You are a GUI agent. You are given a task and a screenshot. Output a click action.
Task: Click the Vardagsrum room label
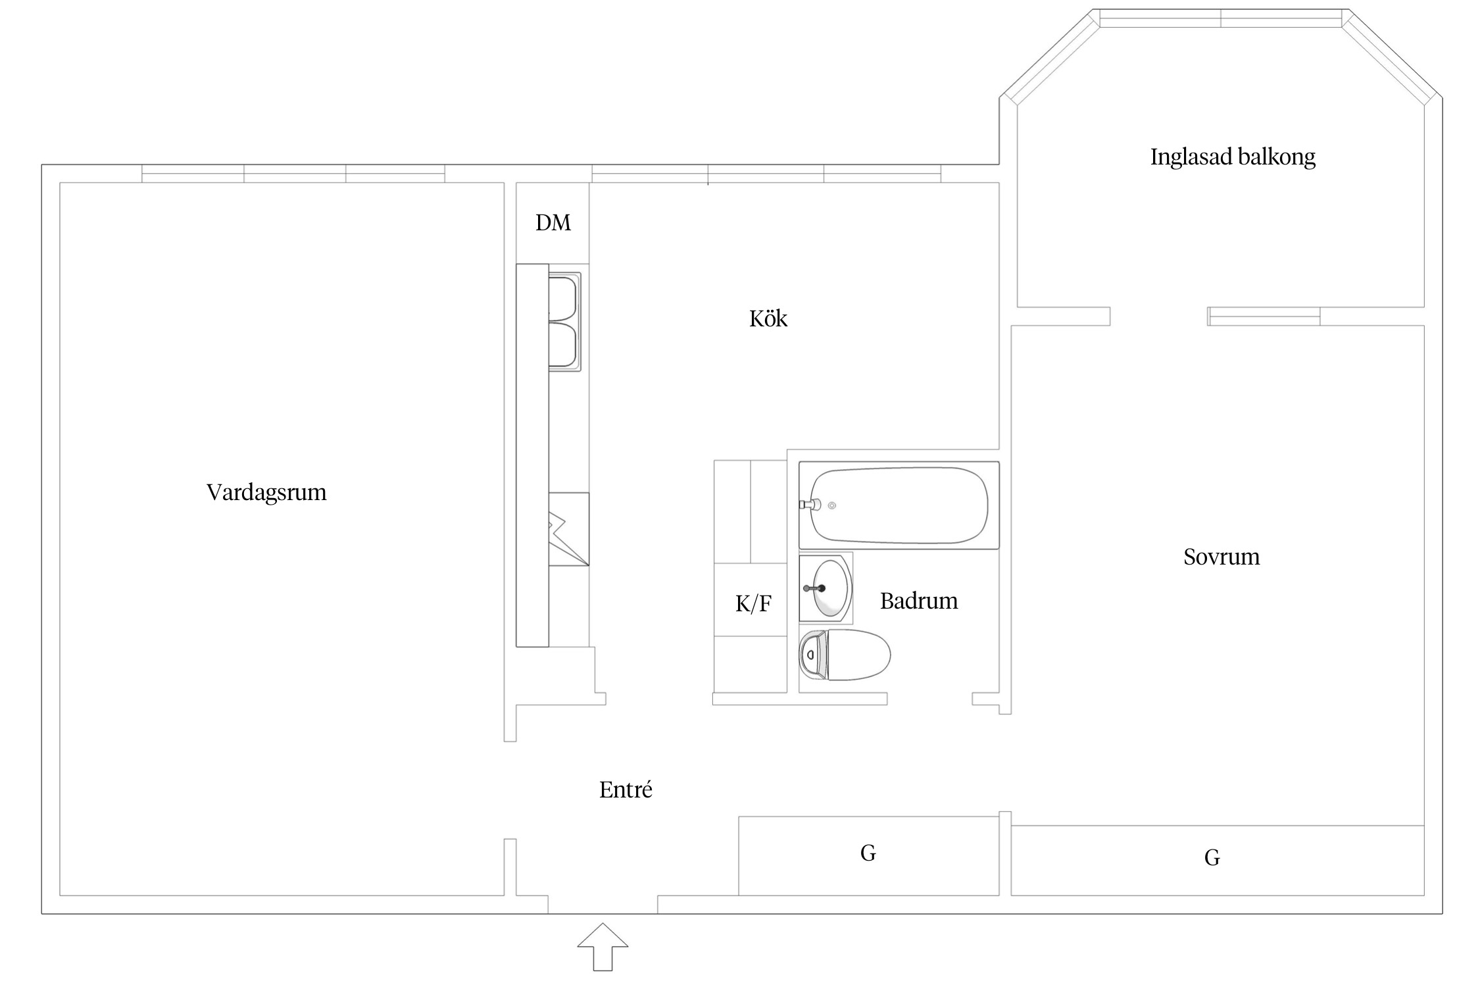(x=266, y=493)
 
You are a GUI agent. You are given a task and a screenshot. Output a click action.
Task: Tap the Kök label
(x=768, y=318)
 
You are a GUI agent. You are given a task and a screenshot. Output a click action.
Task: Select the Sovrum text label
(x=1221, y=557)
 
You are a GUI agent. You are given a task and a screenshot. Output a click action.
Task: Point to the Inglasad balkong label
(x=1233, y=157)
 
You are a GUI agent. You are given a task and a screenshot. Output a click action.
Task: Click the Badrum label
(x=919, y=601)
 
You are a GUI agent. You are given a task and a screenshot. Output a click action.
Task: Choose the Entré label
(x=626, y=789)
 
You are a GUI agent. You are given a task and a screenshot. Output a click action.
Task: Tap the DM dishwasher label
(x=553, y=223)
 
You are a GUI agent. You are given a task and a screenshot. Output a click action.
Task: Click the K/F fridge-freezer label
(x=753, y=603)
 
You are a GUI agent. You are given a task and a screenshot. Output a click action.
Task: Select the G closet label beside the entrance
(x=868, y=853)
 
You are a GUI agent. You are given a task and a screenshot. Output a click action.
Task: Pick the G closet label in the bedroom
(x=1212, y=857)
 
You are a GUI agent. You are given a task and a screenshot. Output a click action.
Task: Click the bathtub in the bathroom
(x=899, y=505)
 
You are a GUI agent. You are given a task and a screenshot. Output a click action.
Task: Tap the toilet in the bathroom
(x=845, y=655)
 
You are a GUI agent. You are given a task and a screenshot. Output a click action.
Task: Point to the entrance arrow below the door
(x=603, y=947)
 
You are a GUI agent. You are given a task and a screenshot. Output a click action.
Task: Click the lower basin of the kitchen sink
(x=563, y=344)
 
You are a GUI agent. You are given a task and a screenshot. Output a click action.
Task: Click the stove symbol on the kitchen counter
(x=569, y=529)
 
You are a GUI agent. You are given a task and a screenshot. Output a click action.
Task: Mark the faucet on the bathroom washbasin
(x=815, y=588)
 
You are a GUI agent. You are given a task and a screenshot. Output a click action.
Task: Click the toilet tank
(x=813, y=655)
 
